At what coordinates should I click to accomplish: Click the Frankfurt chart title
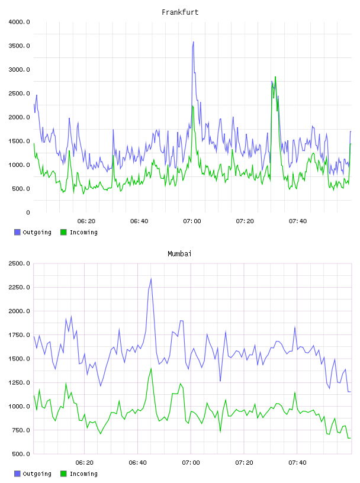pos(180,12)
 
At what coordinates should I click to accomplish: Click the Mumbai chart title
pos(179,254)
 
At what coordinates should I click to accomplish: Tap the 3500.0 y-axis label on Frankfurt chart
pos(20,46)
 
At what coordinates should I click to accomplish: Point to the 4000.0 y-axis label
pos(20,22)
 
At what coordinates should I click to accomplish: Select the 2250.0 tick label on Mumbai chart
pos(20,288)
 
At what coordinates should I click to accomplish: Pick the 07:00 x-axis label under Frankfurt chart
pos(192,221)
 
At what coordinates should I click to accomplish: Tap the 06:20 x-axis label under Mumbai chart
pos(85,463)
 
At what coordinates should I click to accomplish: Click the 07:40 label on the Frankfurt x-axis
pos(298,221)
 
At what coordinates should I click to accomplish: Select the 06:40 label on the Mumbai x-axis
pos(138,463)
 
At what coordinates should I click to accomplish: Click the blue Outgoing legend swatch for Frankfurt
pos(17,232)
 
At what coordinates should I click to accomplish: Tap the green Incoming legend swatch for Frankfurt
pos(63,232)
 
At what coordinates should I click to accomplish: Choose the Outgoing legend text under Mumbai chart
pos(37,474)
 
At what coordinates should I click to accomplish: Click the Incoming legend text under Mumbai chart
pos(83,474)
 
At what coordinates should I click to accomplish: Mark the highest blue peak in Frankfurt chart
pos(193,42)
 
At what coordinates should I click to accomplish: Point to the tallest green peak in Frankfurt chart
pos(275,77)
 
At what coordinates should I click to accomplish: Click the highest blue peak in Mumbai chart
pos(151,279)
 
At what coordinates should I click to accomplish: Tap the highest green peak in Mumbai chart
pos(151,369)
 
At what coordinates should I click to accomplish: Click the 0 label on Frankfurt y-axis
pos(28,212)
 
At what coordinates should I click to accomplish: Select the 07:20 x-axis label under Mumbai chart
pos(245,463)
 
